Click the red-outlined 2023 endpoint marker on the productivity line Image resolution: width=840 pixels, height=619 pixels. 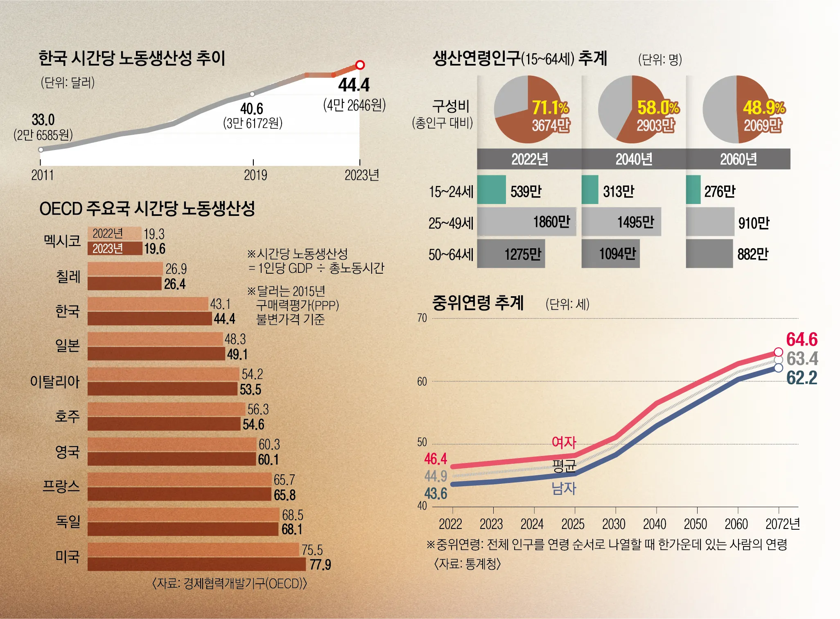point(360,65)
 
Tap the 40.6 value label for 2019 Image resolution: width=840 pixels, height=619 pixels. point(251,109)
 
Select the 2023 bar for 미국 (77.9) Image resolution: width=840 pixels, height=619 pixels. point(196,564)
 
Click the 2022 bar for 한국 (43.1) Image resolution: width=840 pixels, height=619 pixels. point(147,304)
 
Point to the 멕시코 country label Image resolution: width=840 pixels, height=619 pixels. point(62,240)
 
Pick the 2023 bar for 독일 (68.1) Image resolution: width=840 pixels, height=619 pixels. point(183,529)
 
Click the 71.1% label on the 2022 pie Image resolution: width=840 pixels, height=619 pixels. point(550,108)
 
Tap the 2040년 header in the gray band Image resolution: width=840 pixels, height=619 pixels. point(634,159)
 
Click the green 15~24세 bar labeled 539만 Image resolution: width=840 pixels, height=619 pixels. point(491,190)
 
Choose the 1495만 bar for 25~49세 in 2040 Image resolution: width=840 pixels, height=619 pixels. point(621,222)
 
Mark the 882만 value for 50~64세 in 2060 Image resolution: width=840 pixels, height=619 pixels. point(752,254)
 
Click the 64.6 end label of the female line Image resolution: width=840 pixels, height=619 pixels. point(802,340)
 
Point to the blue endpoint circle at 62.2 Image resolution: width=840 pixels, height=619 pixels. point(778,368)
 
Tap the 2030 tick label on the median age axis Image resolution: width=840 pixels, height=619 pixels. point(614,524)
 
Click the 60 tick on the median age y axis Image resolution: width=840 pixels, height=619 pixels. point(422,382)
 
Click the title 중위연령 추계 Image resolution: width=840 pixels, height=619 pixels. point(478,303)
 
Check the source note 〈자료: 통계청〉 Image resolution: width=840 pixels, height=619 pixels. point(467,564)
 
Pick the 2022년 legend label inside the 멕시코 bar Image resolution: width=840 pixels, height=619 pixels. point(108,234)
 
